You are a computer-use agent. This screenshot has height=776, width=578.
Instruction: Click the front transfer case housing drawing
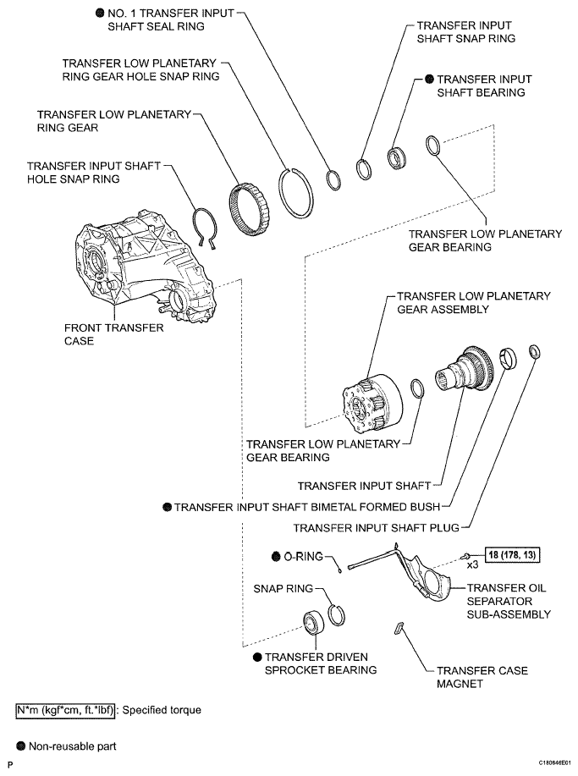(144, 267)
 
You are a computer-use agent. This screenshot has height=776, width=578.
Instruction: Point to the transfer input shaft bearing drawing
(397, 158)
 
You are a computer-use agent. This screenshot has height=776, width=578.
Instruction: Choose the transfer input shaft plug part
(535, 352)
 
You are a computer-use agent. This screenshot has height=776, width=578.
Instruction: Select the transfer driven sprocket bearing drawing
(313, 622)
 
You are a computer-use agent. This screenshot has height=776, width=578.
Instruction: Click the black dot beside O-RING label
(276, 557)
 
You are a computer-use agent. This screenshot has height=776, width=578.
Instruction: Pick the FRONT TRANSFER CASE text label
(113, 334)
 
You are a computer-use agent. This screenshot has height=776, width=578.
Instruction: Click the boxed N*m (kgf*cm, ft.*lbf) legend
(65, 710)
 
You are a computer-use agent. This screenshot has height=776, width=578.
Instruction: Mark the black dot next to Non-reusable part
(21, 746)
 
